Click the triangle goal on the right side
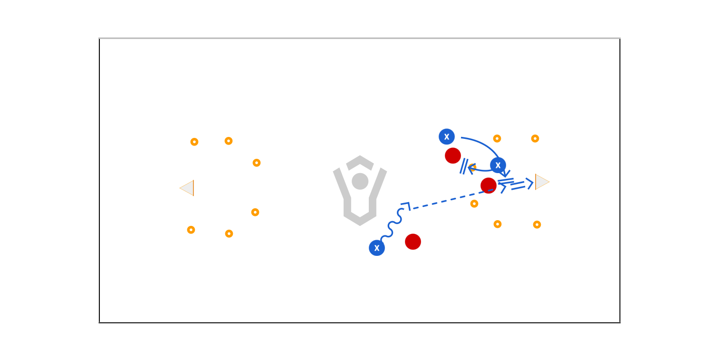click(541, 182)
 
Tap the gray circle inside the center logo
click(360, 181)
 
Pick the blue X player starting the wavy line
click(377, 248)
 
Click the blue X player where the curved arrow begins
click(446, 137)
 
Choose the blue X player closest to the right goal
click(498, 165)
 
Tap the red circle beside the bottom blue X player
click(413, 242)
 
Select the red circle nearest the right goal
click(488, 185)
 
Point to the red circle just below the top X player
click(452, 156)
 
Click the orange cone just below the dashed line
click(474, 204)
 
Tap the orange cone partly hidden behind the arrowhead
click(472, 167)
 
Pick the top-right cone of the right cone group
click(535, 139)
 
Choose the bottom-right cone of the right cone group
click(537, 224)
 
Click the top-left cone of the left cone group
click(194, 142)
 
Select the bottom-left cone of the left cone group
click(191, 230)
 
